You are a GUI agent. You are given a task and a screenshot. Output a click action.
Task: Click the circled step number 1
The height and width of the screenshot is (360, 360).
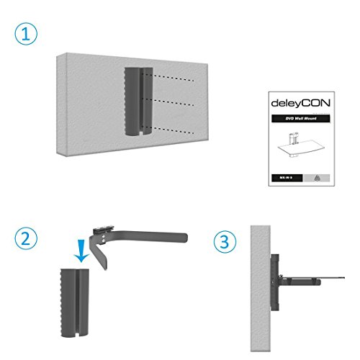tap(25, 34)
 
